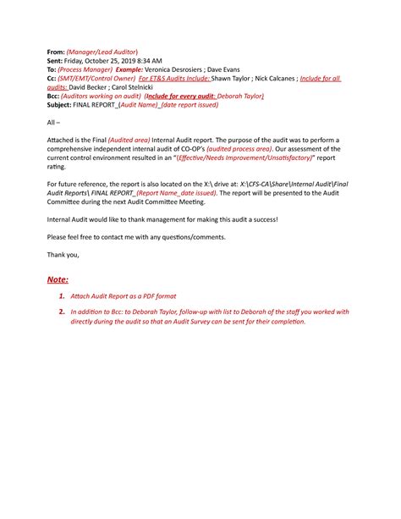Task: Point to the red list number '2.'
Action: click(x=63, y=312)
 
